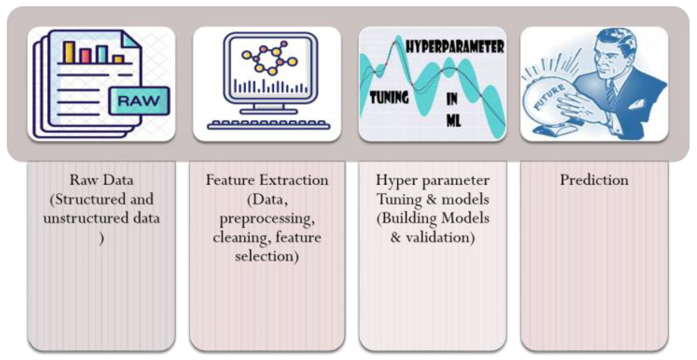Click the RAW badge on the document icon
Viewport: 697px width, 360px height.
pyautogui.click(x=139, y=101)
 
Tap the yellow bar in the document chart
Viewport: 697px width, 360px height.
pyautogui.click(x=69, y=52)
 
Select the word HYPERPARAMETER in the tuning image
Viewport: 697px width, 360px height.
pyautogui.click(x=455, y=47)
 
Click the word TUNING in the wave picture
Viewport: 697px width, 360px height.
pyautogui.click(x=389, y=97)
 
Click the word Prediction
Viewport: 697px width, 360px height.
pyautogui.click(x=594, y=180)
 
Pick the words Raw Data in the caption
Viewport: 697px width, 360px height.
pyautogui.click(x=101, y=180)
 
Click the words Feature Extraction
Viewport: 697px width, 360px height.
pyautogui.click(x=267, y=180)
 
